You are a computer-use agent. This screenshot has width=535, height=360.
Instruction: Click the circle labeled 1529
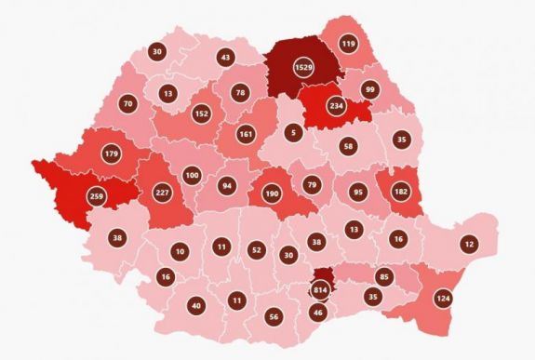coord(303,70)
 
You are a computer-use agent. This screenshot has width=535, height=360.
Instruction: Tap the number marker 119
coord(349,44)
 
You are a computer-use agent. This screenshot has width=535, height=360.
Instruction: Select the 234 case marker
coord(336,105)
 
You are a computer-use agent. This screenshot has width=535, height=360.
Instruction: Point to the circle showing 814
coord(321,290)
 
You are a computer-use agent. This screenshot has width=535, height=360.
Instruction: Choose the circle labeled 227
coord(161,193)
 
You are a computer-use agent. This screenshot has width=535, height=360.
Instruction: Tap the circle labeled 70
coord(127,102)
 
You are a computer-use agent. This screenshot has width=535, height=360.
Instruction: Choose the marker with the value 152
coord(200,113)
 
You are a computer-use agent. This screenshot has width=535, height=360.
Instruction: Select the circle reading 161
coord(246,135)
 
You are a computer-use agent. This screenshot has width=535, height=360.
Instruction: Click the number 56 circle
coord(274,316)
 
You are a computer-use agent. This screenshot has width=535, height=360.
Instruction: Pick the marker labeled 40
coord(195,305)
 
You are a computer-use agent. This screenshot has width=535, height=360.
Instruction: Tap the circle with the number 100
coord(192,176)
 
